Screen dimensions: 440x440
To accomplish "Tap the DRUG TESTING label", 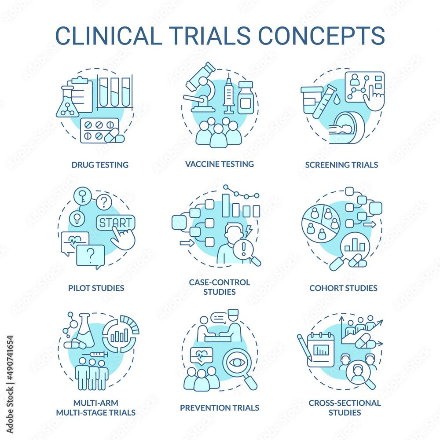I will pyautogui.click(x=100, y=165).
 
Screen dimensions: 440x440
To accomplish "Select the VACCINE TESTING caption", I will pyautogui.click(x=220, y=164).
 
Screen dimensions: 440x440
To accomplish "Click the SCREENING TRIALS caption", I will pyautogui.click(x=341, y=165).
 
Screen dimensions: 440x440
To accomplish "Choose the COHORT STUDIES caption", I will pyautogui.click(x=343, y=288).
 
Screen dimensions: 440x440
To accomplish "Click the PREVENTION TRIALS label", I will pyautogui.click(x=220, y=407).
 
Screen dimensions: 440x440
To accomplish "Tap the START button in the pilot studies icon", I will pyautogui.click(x=116, y=223).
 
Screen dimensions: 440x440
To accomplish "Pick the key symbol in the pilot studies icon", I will pyautogui.click(x=83, y=195).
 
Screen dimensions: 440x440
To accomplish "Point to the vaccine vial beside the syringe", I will pyautogui.click(x=246, y=98).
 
